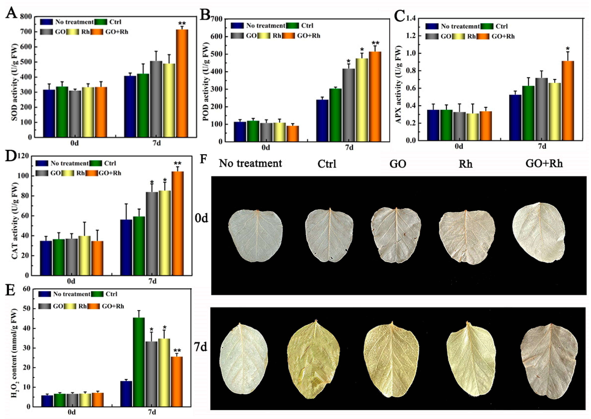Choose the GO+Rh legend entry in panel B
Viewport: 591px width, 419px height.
[309, 36]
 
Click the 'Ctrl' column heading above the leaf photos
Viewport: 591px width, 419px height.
[327, 164]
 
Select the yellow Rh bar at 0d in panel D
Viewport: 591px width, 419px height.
[85, 255]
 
